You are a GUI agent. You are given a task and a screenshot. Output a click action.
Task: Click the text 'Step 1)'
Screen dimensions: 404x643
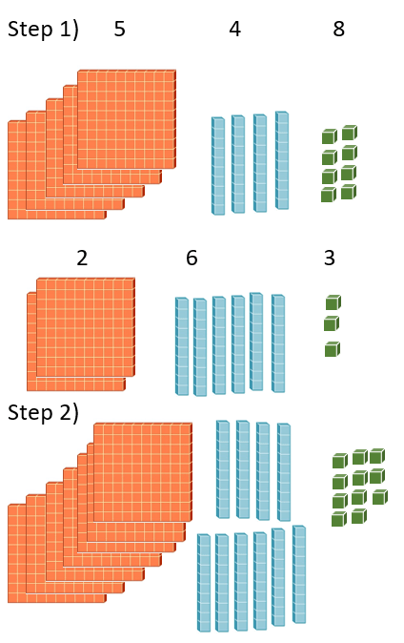[x=43, y=30]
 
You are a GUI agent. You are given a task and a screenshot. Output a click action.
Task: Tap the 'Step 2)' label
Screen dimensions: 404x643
[x=43, y=413]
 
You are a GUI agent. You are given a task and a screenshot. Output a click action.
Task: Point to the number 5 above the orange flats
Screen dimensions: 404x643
[x=119, y=30]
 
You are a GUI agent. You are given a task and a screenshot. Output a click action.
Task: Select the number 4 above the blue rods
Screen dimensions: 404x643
[x=234, y=30]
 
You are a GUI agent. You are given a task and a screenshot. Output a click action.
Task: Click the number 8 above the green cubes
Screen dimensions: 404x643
[x=339, y=30]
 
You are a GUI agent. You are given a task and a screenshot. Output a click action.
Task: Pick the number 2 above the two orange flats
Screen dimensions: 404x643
[x=82, y=258]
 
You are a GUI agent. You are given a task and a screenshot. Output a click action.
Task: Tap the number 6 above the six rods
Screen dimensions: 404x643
[x=192, y=258]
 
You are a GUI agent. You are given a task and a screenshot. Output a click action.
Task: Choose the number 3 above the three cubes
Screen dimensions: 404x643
[x=330, y=258]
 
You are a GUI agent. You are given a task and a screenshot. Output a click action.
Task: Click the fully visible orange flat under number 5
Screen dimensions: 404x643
[x=127, y=119]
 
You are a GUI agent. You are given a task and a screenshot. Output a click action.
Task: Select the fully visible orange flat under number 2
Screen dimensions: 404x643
[x=86, y=327]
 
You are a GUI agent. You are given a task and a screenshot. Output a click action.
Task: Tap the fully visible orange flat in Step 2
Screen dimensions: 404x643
[x=143, y=472]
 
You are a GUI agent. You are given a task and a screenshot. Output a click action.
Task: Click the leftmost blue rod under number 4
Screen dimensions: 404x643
[x=218, y=166]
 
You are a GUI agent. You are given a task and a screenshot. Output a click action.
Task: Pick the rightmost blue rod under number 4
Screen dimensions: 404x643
[x=282, y=160]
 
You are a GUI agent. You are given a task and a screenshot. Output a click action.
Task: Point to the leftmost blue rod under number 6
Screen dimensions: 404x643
[x=182, y=346]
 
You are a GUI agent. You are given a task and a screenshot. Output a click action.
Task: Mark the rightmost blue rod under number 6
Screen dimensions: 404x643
[x=278, y=343]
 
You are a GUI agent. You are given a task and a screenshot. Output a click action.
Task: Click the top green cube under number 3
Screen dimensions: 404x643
[x=333, y=302]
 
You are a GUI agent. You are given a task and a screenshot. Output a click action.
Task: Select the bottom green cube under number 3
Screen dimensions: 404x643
[x=333, y=349]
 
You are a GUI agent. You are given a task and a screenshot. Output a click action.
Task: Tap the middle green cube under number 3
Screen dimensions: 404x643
[x=332, y=323]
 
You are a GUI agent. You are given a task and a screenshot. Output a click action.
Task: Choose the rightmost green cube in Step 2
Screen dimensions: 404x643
[x=380, y=497]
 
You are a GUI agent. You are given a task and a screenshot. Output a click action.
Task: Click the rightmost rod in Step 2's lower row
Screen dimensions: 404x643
[x=299, y=574]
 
